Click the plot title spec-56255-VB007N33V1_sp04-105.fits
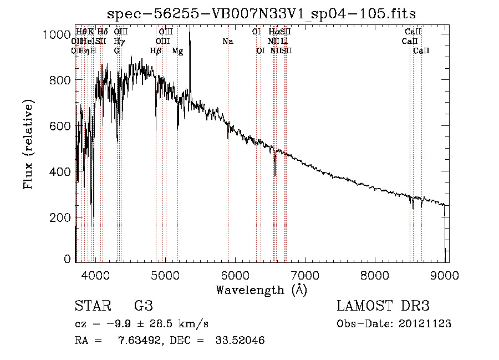pos(262,13)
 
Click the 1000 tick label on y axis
pos(57,34)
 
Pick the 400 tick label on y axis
pos(61,171)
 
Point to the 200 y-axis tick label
pos(61,217)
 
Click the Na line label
pos(228,41)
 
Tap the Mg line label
pos(177,51)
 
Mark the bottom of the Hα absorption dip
pos(275,176)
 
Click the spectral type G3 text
pos(144,306)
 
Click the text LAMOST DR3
pos(383,306)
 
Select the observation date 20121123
pos(425,323)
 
